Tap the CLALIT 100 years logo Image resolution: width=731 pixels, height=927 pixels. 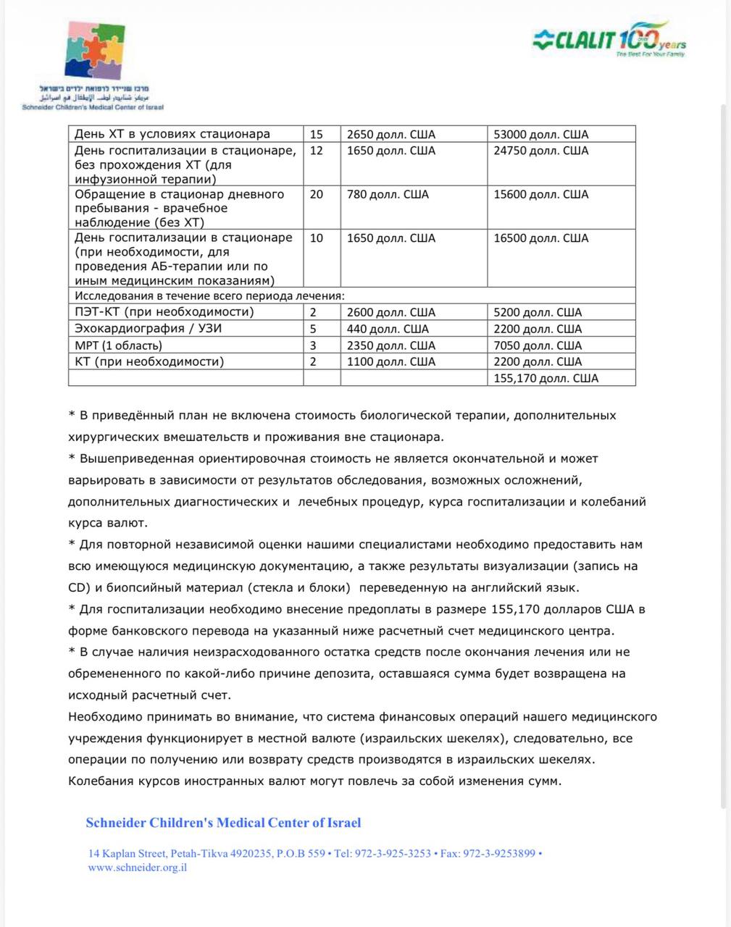(x=609, y=39)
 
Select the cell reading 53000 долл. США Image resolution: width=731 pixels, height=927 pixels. (x=540, y=134)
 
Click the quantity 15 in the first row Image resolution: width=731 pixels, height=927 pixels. (x=317, y=134)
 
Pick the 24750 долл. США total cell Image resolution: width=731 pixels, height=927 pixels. (x=540, y=151)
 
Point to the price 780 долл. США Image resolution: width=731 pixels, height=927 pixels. (x=388, y=194)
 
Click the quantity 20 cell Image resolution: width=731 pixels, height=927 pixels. (x=317, y=194)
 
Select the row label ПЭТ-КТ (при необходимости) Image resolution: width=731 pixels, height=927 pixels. (x=164, y=312)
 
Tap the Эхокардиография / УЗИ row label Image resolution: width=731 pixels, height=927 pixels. (x=149, y=329)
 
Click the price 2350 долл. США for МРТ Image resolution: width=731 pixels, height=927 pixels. (x=391, y=345)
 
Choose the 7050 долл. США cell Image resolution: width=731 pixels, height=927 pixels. (x=538, y=345)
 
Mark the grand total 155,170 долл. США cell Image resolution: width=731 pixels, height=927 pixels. (x=546, y=378)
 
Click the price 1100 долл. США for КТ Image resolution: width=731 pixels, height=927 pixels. (x=391, y=361)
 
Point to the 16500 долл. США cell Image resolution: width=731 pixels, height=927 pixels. (x=540, y=238)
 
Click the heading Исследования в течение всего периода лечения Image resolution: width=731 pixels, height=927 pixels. (x=209, y=295)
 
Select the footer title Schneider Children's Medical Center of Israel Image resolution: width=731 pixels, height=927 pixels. (x=223, y=823)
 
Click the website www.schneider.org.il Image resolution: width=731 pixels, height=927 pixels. (x=138, y=868)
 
